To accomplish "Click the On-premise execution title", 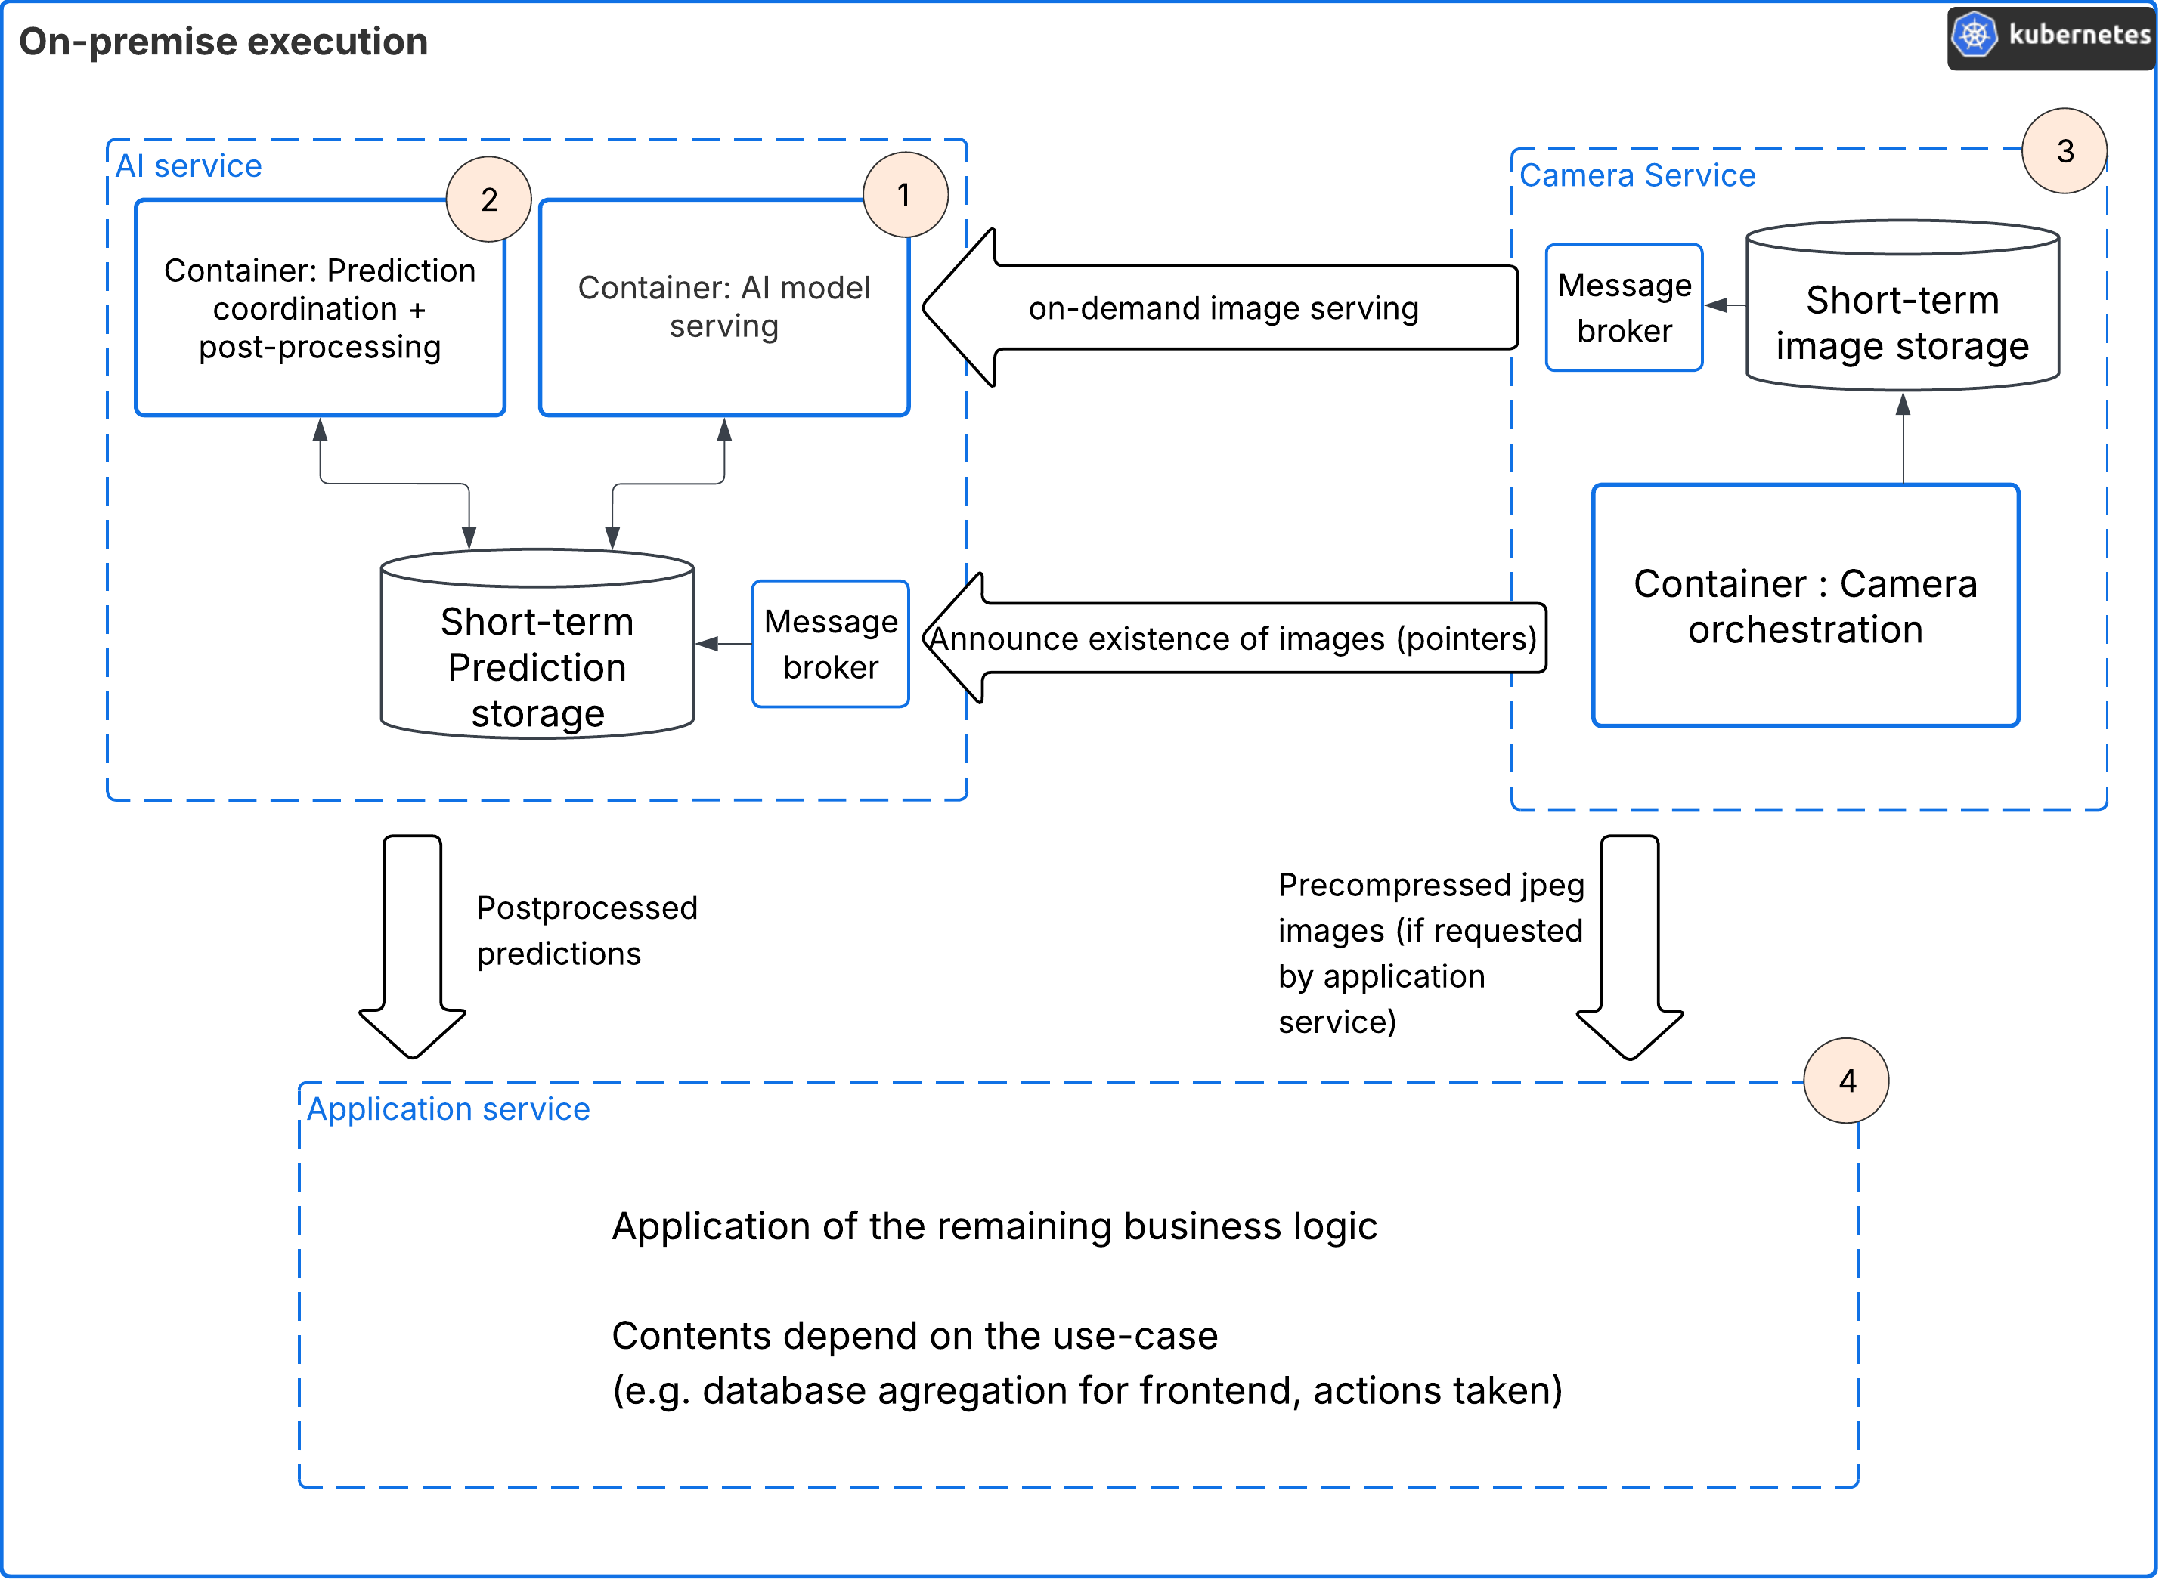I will point(223,41).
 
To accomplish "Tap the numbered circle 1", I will point(905,195).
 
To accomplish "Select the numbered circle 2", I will point(489,199).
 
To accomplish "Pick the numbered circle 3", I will point(2065,151).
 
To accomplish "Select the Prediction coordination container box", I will point(320,308).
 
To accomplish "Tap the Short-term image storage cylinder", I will point(1902,316).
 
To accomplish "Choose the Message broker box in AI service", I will point(830,644).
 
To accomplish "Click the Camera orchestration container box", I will point(1805,605).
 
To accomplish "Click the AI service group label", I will point(188,166).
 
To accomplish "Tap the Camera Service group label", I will point(1637,175).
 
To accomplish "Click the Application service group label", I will point(448,1108).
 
